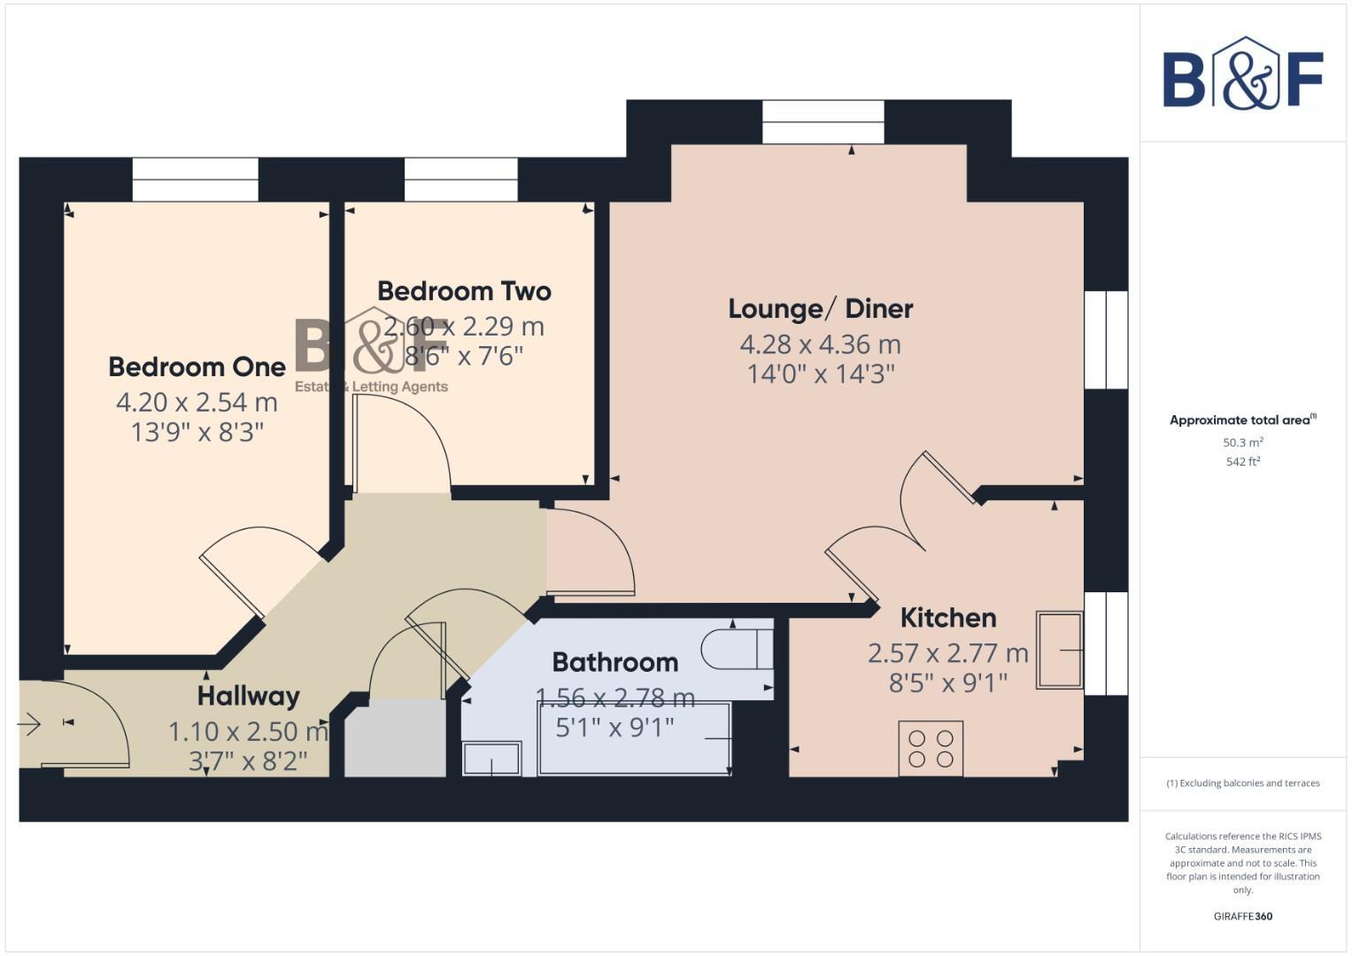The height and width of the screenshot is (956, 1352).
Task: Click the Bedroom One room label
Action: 197,366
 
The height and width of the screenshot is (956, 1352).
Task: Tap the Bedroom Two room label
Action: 464,291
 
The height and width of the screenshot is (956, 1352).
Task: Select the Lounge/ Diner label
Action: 820,309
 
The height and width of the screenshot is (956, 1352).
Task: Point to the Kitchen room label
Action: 947,617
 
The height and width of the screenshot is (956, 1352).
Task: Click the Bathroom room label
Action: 614,662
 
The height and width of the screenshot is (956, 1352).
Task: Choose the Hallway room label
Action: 248,696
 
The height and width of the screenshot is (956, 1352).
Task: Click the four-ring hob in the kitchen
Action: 931,749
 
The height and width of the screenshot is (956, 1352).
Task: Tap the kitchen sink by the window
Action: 1060,650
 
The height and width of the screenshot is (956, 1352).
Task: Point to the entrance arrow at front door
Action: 28,725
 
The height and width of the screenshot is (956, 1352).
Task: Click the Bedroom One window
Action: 195,180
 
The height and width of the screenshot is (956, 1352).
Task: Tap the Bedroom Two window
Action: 460,180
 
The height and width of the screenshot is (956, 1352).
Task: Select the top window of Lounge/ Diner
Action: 823,122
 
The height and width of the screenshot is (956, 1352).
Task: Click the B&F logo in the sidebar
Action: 1242,74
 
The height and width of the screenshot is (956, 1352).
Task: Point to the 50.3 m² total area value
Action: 1242,443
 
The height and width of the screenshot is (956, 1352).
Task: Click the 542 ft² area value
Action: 1242,462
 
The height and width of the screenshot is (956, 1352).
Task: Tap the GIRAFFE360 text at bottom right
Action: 1242,916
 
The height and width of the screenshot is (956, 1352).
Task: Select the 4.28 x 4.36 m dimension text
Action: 820,344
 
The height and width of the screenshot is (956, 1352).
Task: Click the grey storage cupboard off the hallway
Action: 395,738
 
